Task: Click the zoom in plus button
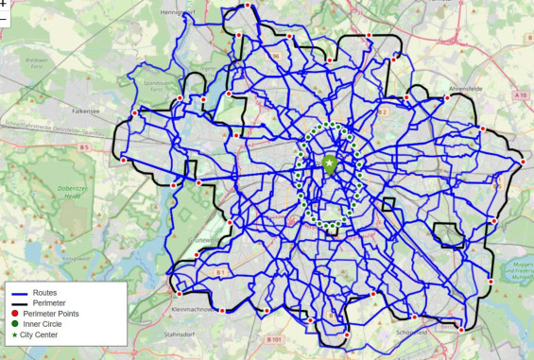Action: tap(4, 5)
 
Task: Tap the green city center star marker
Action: tap(329, 163)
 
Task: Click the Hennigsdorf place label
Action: tap(184, 12)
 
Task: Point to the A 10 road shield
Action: tap(521, 95)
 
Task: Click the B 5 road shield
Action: tap(83, 147)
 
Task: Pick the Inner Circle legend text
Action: tap(52, 324)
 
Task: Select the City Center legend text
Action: tap(52, 334)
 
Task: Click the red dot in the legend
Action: tap(15, 314)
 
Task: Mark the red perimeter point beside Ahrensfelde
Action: tap(444, 95)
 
